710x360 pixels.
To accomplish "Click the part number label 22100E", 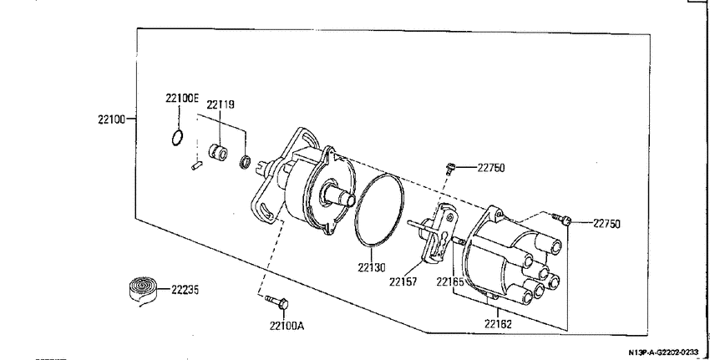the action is pos(182,99).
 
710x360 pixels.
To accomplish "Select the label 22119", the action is pos(221,104).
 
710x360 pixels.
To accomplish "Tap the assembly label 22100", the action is pos(111,120).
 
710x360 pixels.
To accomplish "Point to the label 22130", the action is pos(372,267).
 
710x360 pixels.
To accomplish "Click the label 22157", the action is pos(403,281).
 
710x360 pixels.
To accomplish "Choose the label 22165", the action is pos(450,281).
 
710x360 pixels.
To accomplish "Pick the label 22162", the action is pos(498,324).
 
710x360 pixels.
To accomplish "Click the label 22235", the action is pos(185,289).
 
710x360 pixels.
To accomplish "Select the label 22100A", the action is pos(287,326).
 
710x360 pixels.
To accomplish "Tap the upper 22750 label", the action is pos(491,168).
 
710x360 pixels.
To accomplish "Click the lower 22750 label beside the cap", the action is pos(606,224).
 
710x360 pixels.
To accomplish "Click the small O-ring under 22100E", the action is pos(177,138).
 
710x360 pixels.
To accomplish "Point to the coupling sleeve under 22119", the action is pos(218,151).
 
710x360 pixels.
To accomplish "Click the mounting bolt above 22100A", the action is pos(276,302).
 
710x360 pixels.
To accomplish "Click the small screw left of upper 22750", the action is pos(449,169).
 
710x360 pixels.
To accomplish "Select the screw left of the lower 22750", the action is pos(562,220).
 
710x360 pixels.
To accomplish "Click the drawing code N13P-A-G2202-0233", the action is pos(663,352).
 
